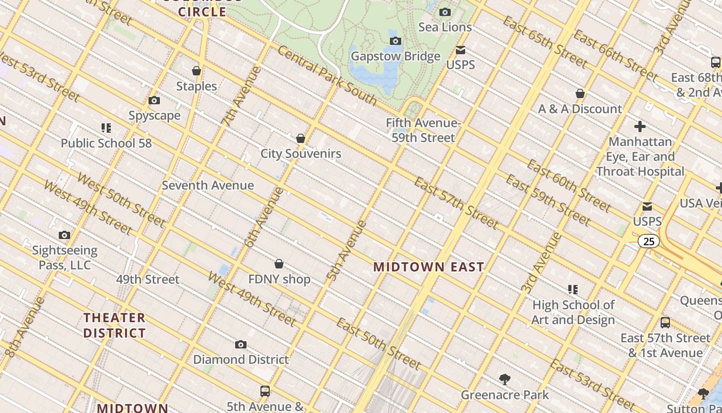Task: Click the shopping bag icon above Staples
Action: coord(196,71)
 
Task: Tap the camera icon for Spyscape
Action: coord(154,101)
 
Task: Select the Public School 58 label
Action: coord(106,143)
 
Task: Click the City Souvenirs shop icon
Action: coord(301,138)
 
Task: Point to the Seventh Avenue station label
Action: coord(208,185)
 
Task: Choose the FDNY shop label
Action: coord(279,279)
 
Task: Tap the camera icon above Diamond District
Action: coord(241,344)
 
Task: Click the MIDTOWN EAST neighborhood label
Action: coord(429,267)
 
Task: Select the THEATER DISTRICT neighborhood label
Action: coord(114,325)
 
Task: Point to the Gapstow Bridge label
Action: coord(396,56)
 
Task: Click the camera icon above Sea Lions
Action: coord(445,12)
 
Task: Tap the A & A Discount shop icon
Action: coord(580,93)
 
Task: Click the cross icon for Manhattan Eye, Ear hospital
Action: coord(640,126)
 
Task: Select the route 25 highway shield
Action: coord(649,241)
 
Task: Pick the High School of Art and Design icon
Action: coord(573,290)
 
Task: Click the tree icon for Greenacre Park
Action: coord(505,380)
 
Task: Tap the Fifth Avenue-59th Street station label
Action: coord(423,130)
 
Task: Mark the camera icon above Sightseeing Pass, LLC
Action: coord(64,235)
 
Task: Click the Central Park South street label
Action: coord(327,75)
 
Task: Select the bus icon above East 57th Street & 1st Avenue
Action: coord(665,323)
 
